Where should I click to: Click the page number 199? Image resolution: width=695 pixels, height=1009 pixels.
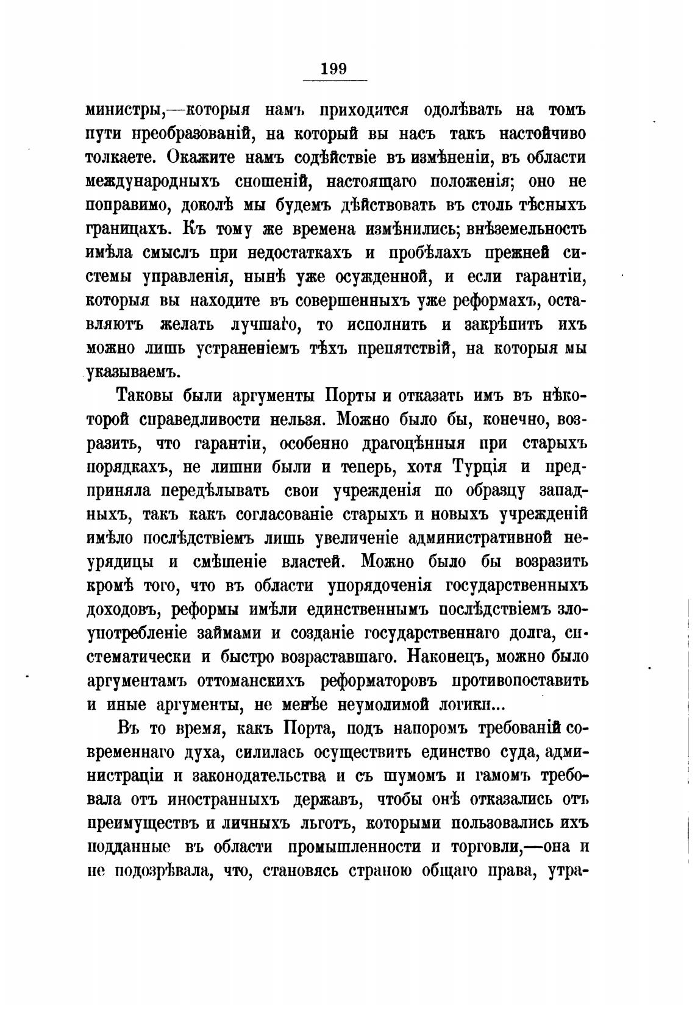[x=335, y=68]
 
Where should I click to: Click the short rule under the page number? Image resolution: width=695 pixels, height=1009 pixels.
[x=335, y=81]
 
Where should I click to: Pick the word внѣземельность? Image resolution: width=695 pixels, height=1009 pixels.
[x=527, y=229]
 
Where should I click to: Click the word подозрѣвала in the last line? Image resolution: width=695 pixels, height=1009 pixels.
[x=159, y=872]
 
